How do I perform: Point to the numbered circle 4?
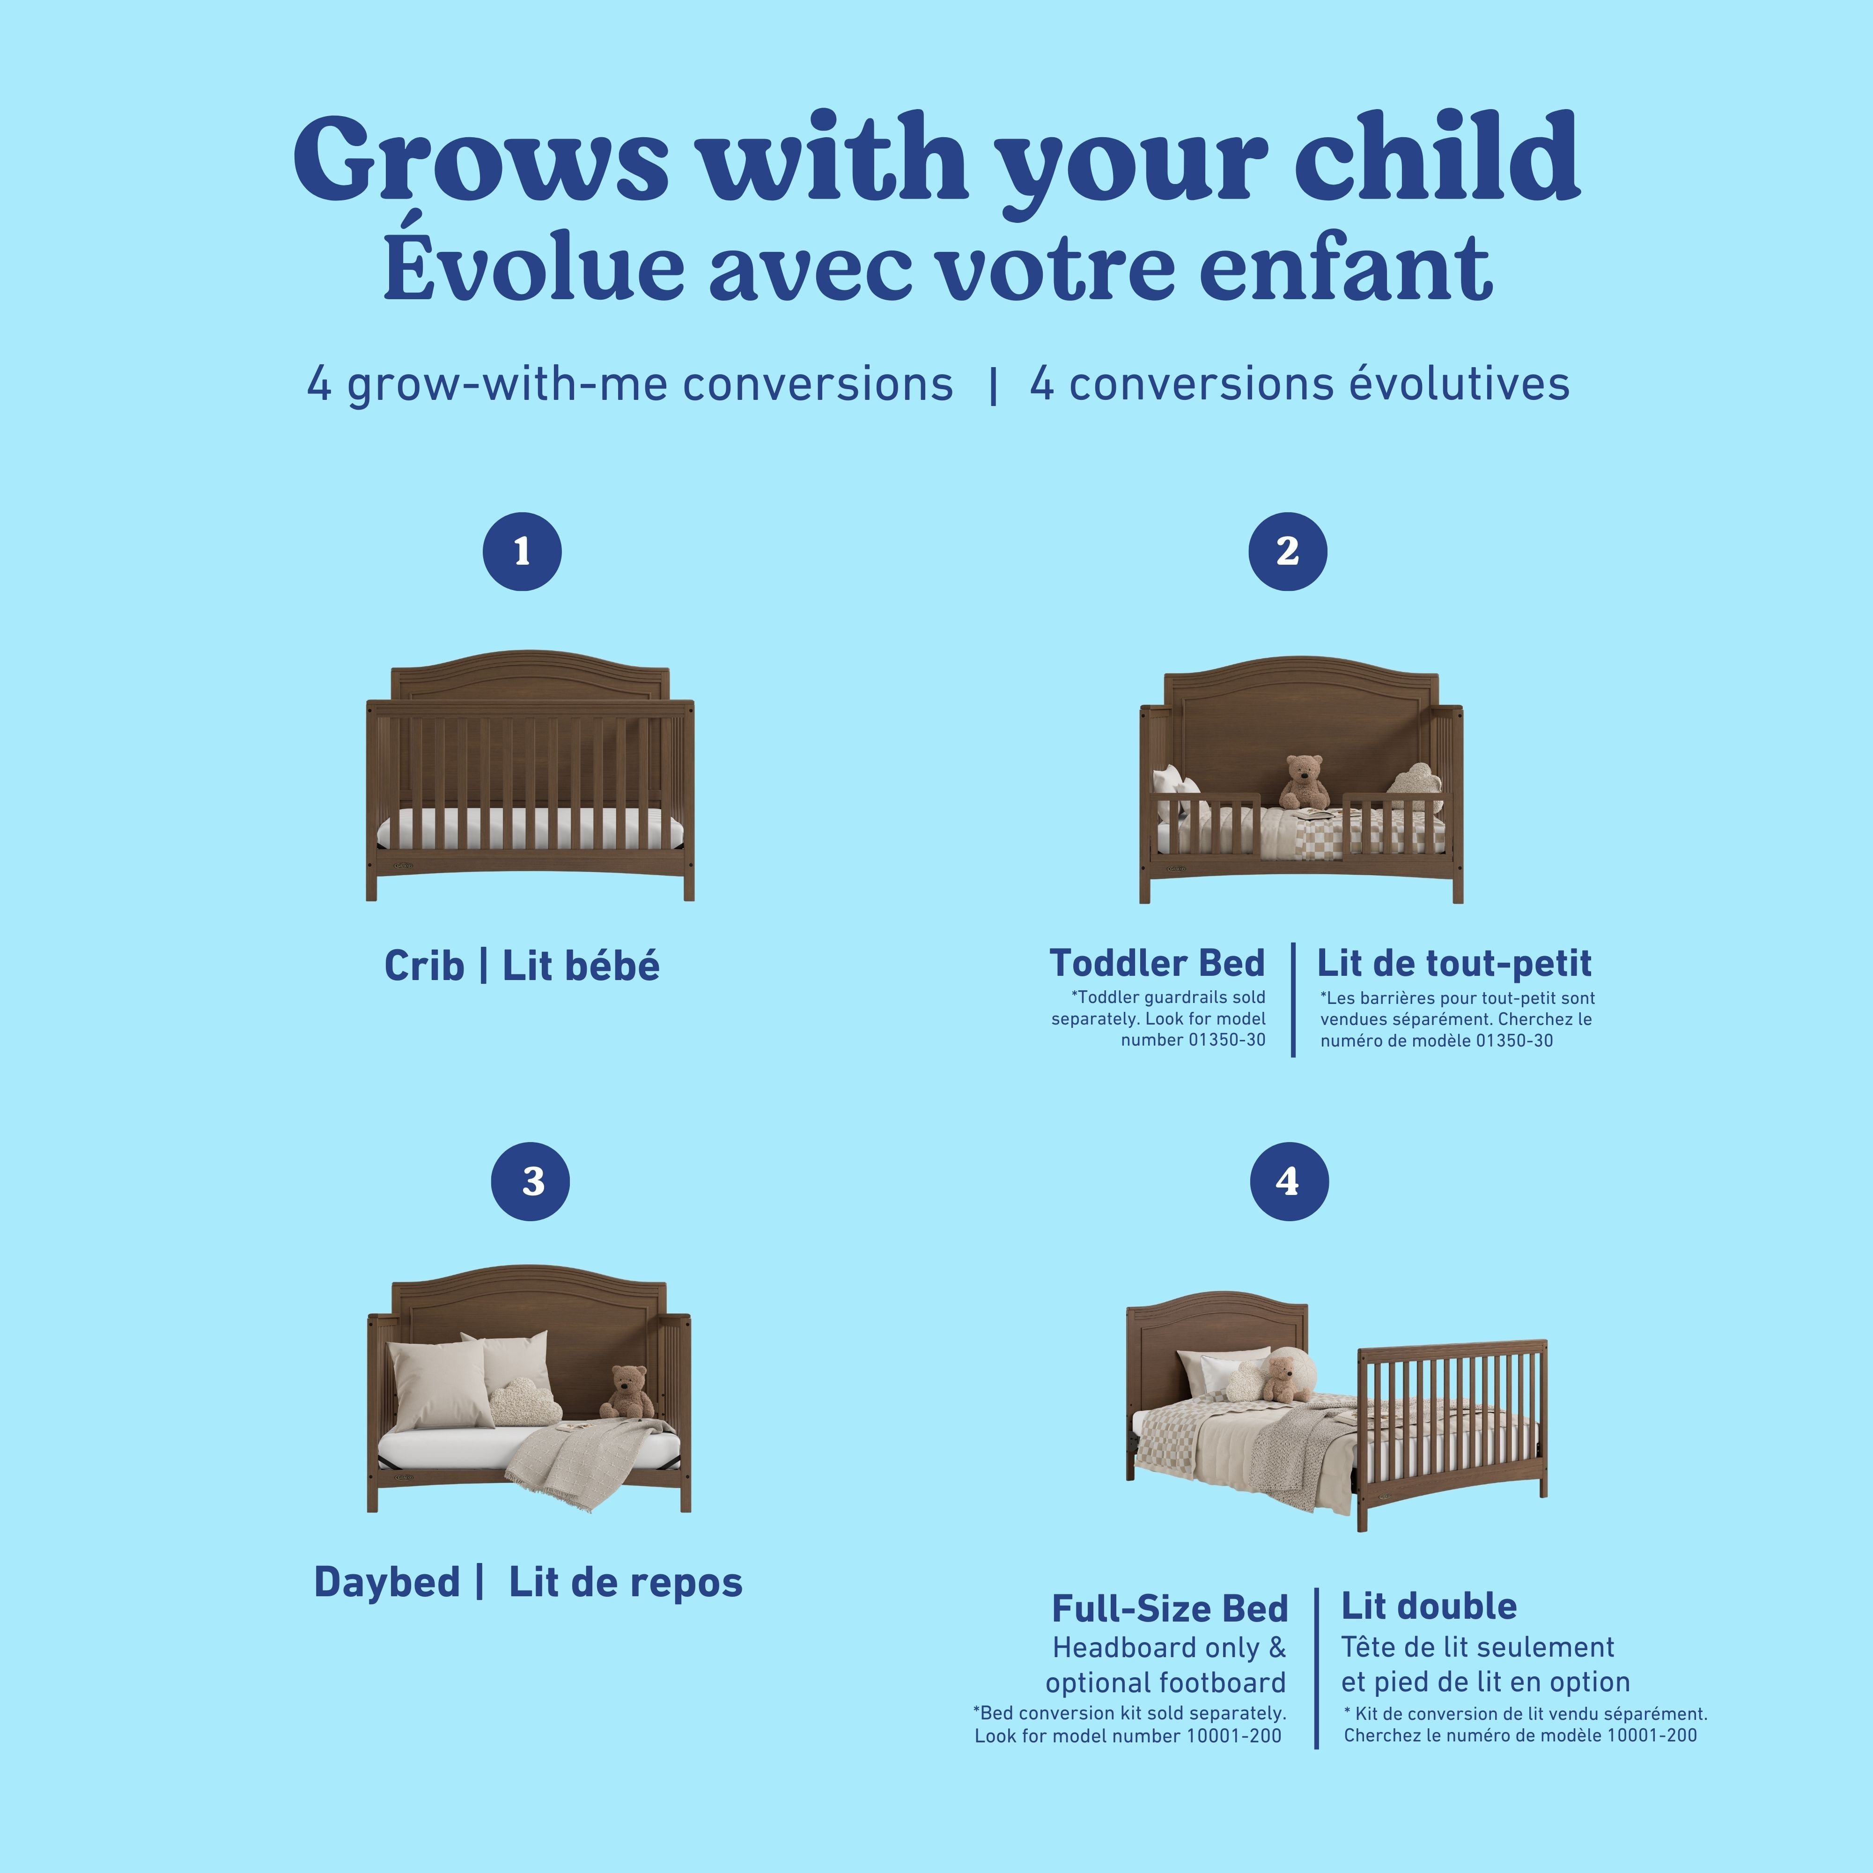[x=1289, y=1181]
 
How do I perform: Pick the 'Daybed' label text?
[x=387, y=1582]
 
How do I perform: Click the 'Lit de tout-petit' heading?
[x=1453, y=963]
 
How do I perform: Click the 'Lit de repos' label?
[x=625, y=1582]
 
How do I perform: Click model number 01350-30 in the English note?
[x=1193, y=1040]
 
